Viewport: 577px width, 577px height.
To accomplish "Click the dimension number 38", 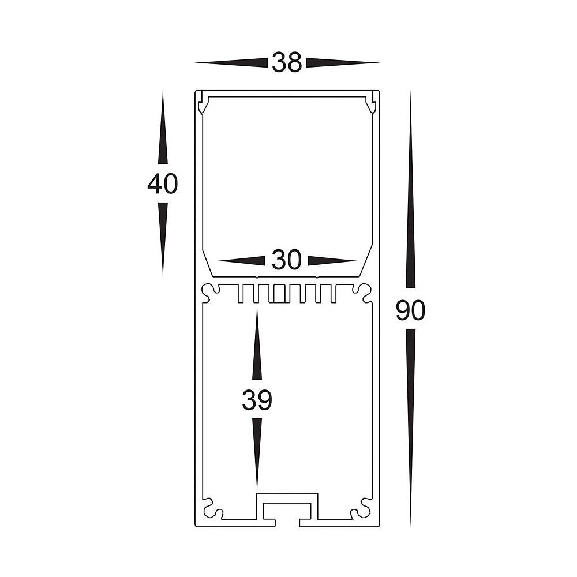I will pos(287,62).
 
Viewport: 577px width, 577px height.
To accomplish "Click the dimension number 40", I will pos(162,184).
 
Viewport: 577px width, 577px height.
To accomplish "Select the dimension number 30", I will pos(287,261).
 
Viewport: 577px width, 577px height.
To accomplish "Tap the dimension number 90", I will pos(410,311).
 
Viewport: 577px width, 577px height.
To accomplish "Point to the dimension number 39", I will pos(257,400).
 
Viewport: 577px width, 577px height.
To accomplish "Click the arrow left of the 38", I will pos(231,62).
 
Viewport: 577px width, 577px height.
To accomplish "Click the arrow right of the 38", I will pos(342,62).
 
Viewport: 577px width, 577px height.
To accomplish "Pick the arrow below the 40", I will pos(162,237).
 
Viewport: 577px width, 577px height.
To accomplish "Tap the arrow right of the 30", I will pos(331,261).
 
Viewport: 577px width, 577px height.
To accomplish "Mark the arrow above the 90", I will pos(410,190).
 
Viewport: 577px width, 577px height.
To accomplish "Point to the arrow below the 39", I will pos(257,454).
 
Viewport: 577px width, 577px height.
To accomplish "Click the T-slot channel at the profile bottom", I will pos(287,511).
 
